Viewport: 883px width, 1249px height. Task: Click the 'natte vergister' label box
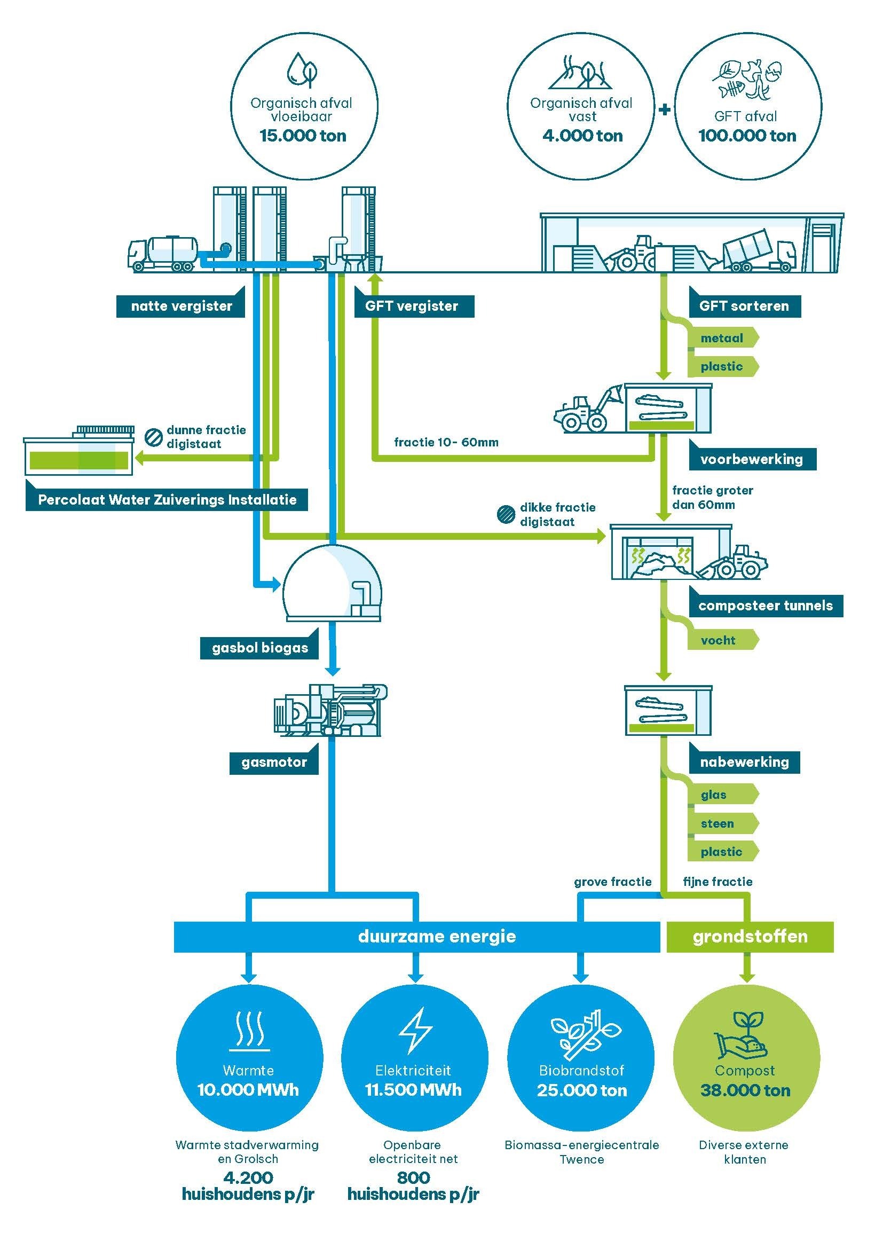click(x=181, y=307)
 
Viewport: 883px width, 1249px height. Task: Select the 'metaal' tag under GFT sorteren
click(x=722, y=339)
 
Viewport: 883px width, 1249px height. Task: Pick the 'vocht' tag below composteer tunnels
click(x=718, y=640)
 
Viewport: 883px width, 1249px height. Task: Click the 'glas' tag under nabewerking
click(x=714, y=795)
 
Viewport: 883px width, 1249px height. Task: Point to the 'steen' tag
click(x=718, y=823)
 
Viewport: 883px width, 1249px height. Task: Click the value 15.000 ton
click(x=303, y=136)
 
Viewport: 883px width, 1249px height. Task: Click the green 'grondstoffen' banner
click(x=750, y=936)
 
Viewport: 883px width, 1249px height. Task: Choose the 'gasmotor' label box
click(x=274, y=762)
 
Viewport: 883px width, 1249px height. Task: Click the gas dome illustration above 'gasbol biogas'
click(x=332, y=583)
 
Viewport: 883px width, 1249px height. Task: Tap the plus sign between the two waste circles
click(x=665, y=109)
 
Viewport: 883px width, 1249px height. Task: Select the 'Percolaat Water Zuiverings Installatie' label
click(x=167, y=500)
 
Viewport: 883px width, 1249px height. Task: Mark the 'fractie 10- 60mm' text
click(x=446, y=442)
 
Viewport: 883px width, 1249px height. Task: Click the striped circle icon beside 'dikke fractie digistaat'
click(x=506, y=515)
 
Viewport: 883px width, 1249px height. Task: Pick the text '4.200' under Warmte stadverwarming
click(x=248, y=1178)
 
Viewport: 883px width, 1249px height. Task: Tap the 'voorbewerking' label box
click(x=752, y=460)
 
